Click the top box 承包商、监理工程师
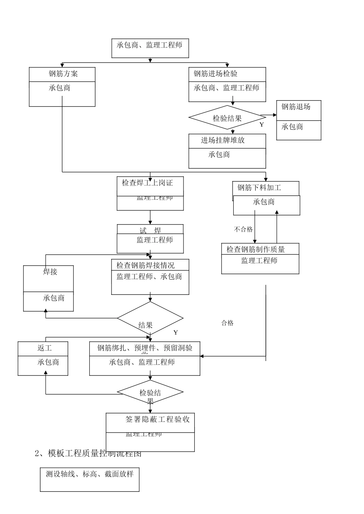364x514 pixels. pyautogui.click(x=150, y=48)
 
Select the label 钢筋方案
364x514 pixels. pyautogui.click(x=63, y=74)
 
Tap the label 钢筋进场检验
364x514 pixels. pyautogui.click(x=215, y=74)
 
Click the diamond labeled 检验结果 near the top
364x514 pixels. pyautogui.click(x=227, y=118)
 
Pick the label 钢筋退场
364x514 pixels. pyautogui.click(x=295, y=107)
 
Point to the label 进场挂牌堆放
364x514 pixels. pyautogui.click(x=223, y=140)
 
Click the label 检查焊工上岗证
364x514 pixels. pyautogui.click(x=148, y=183)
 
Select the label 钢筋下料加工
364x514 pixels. pyautogui.click(x=259, y=187)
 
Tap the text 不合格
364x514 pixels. pyautogui.click(x=243, y=229)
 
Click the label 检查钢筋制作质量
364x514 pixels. pyautogui.click(x=256, y=249)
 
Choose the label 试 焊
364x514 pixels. pyautogui.click(x=150, y=230)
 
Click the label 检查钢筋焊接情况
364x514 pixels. pyautogui.click(x=146, y=265)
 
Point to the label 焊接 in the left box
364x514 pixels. pyautogui.click(x=50, y=272)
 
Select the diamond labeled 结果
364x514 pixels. pyautogui.click(x=150, y=318)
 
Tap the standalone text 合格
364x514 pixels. pyautogui.click(x=227, y=323)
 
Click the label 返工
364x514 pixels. pyautogui.click(x=44, y=348)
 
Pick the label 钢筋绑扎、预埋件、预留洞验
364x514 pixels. pyautogui.click(x=145, y=348)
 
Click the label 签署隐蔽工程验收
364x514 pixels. pyautogui.click(x=157, y=419)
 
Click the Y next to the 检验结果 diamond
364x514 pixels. pyautogui.click(x=262, y=125)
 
